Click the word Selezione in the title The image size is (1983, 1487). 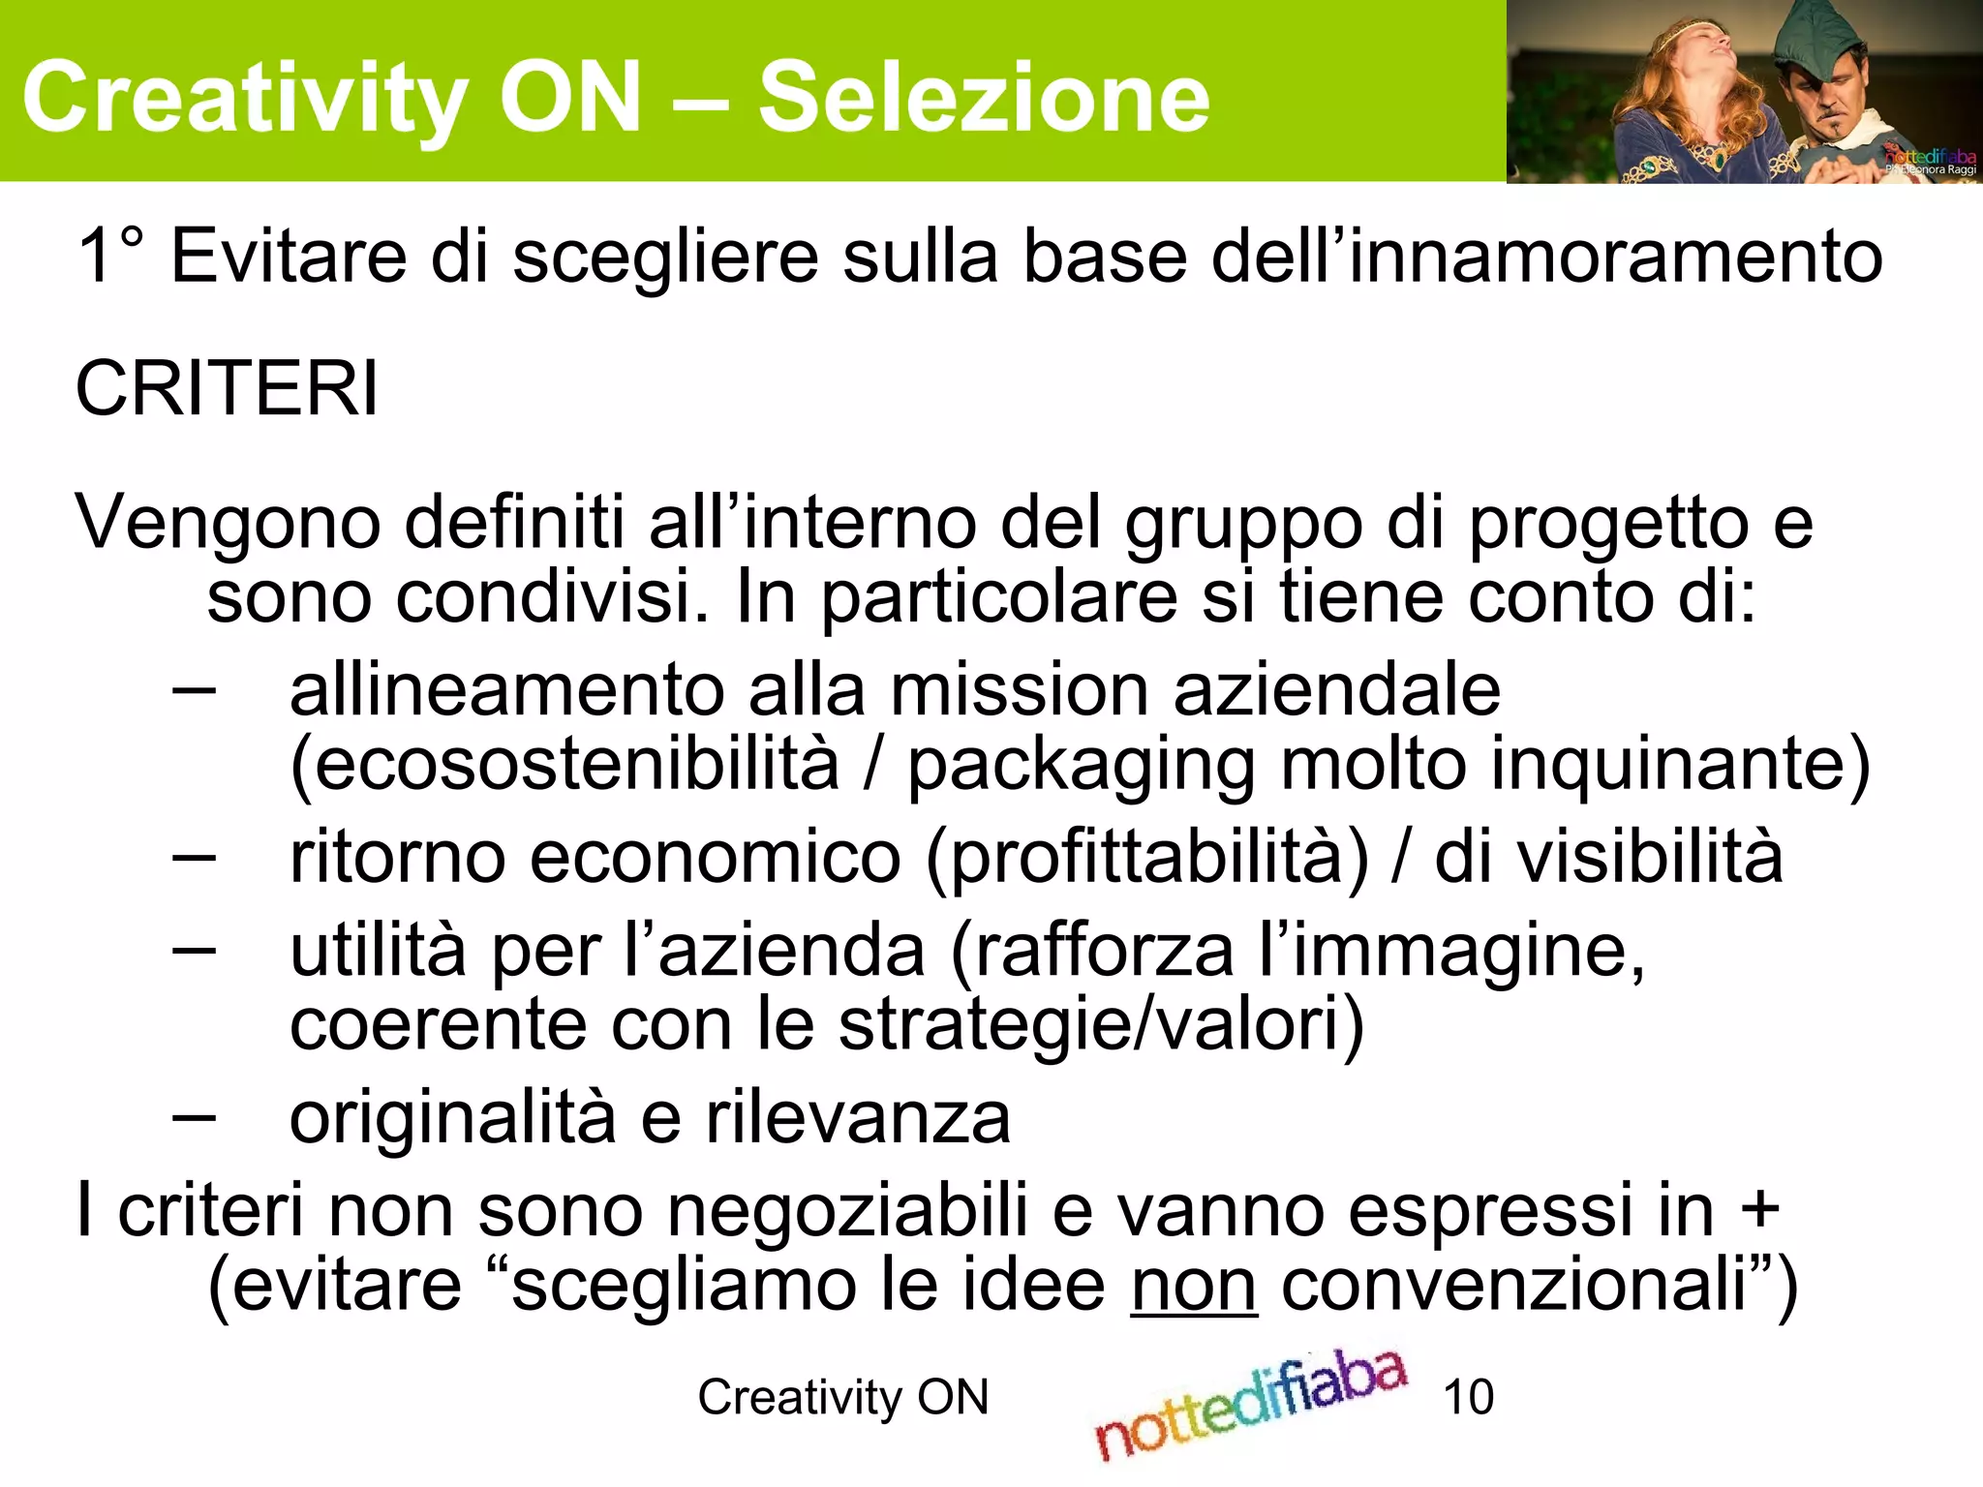(984, 97)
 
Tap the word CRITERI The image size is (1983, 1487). (227, 389)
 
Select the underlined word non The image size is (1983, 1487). (1193, 1286)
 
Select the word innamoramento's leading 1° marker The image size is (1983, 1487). (110, 257)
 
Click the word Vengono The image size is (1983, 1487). (229, 523)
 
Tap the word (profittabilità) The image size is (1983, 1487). (1148, 858)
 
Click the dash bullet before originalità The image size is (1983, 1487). (194, 1117)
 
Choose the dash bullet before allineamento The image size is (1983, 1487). (194, 691)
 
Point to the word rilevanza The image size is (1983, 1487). (858, 1119)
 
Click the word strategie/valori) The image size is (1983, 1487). (1102, 1024)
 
